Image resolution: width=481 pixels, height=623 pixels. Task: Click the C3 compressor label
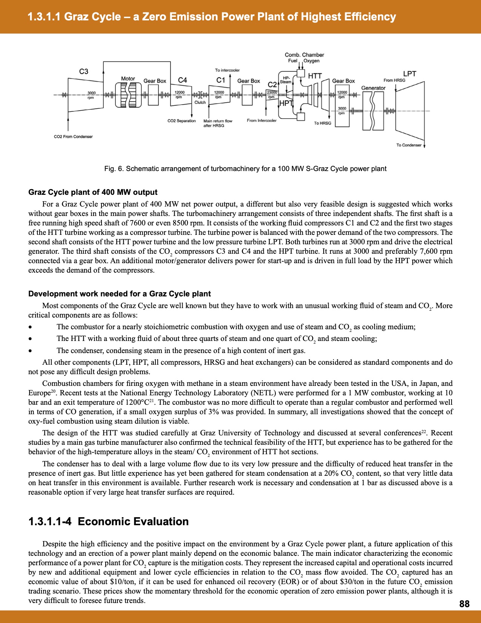coord(84,71)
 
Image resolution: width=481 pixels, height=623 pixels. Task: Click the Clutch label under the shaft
coord(200,103)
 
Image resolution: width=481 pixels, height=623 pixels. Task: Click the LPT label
coord(410,74)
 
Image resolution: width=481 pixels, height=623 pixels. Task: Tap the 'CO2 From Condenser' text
coord(73,137)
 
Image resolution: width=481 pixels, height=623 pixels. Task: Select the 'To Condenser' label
coord(409,145)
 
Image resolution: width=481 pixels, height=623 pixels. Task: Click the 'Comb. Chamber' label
coord(304,55)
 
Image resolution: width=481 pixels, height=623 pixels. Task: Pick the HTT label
coord(315,76)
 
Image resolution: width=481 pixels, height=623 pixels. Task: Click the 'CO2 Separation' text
coord(181,121)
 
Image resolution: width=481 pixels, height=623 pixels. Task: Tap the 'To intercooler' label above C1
coord(227,70)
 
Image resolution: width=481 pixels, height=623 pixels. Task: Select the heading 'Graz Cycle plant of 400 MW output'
coord(93,192)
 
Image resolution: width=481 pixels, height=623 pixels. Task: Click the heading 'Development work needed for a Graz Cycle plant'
coord(120,294)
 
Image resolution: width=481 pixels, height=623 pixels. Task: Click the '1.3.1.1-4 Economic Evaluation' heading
coord(109,521)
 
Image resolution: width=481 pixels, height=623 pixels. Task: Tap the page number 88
coord(464,604)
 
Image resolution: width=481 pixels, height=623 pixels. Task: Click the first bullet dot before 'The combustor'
coord(31,327)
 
